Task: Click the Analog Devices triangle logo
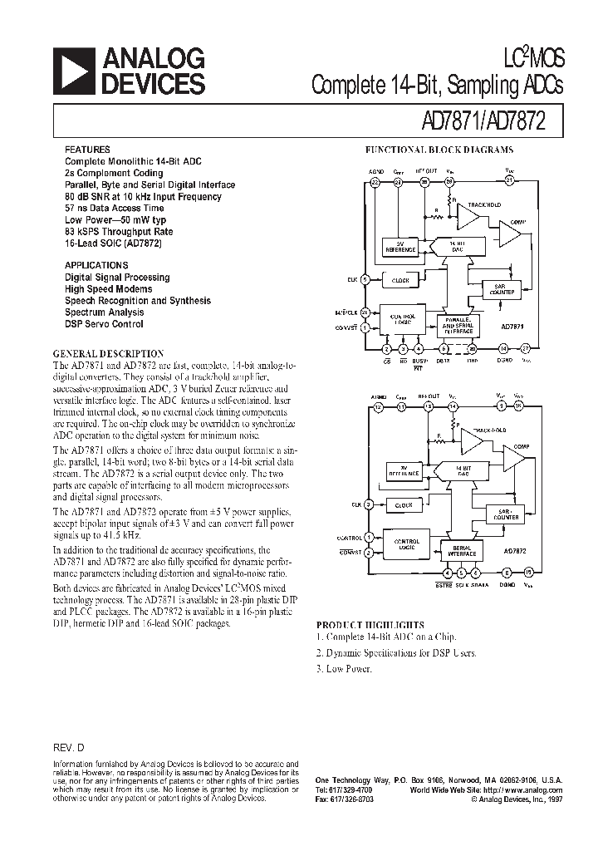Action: (x=73, y=71)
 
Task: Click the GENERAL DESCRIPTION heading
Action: (x=108, y=353)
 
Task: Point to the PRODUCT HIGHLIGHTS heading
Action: (x=370, y=624)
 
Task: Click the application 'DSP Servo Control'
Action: (x=104, y=324)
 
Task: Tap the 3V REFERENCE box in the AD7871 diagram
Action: (x=399, y=247)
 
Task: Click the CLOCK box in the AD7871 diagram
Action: (x=400, y=280)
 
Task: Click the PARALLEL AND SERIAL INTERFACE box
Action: (x=456, y=325)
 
